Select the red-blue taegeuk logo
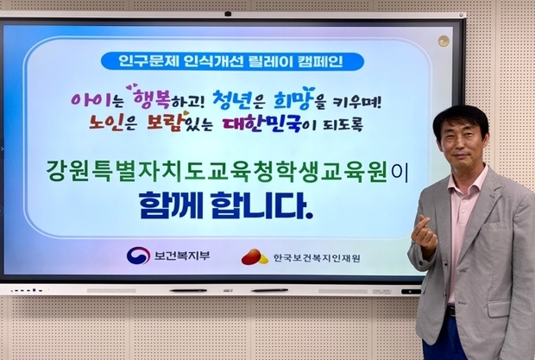(138, 256)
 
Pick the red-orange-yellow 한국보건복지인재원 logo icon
(254, 256)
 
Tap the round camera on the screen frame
(444, 41)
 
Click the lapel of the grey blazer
(482, 207)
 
